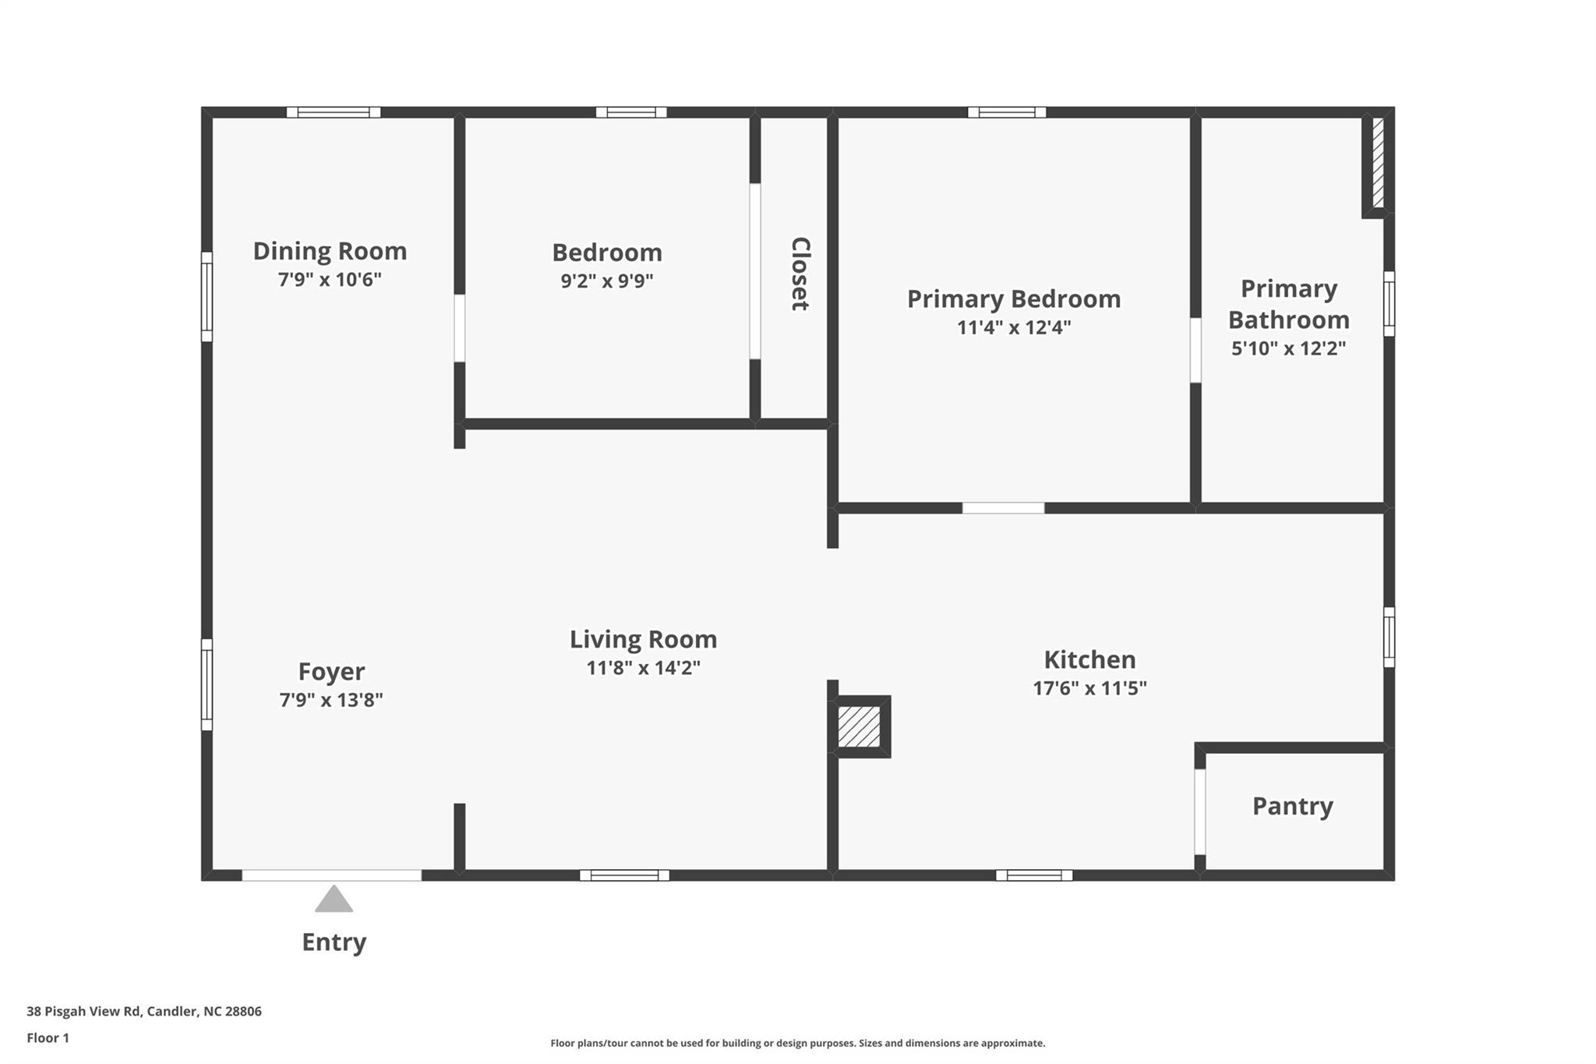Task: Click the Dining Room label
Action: pyautogui.click(x=330, y=251)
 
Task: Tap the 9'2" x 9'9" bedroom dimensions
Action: pyautogui.click(x=606, y=281)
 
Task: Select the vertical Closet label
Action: pyautogui.click(x=800, y=274)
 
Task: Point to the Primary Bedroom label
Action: pyautogui.click(x=1013, y=299)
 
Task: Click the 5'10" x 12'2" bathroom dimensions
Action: pyautogui.click(x=1288, y=348)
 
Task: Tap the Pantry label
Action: pyautogui.click(x=1292, y=806)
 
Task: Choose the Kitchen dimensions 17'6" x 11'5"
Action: pyautogui.click(x=1089, y=688)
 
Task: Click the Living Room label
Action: pyautogui.click(x=643, y=639)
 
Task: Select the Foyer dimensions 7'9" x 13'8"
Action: pyautogui.click(x=331, y=700)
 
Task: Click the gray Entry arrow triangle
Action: pyautogui.click(x=334, y=900)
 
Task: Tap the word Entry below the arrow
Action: pyautogui.click(x=334, y=942)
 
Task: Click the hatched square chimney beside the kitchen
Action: pyautogui.click(x=859, y=726)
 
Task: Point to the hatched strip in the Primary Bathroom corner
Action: pyautogui.click(x=1378, y=162)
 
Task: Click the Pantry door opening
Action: pyautogui.click(x=1200, y=811)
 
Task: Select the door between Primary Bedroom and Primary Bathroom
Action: pyautogui.click(x=1195, y=350)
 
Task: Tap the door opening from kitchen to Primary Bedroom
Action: pyautogui.click(x=1003, y=508)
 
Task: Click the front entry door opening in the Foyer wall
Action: pyautogui.click(x=331, y=875)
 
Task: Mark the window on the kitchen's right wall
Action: pyautogui.click(x=1389, y=637)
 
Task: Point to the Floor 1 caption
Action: pyautogui.click(x=48, y=1038)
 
